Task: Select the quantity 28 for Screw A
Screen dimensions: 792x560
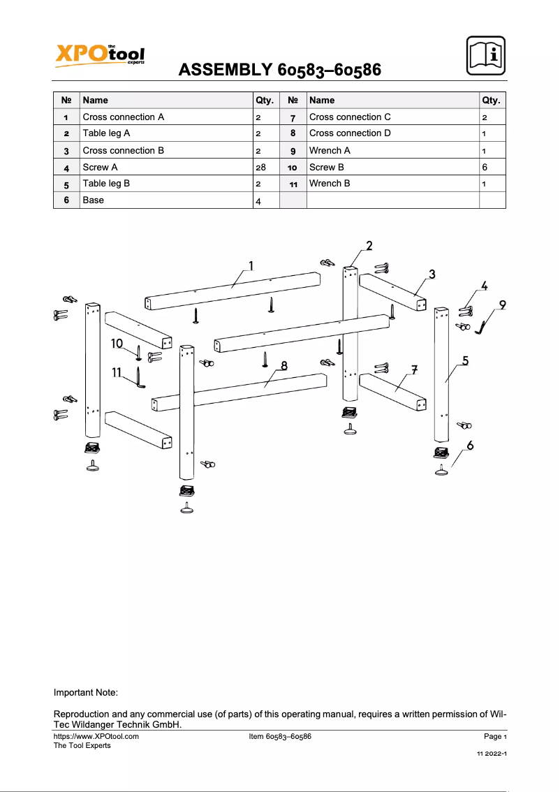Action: (x=262, y=168)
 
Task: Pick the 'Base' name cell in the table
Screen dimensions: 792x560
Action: (x=94, y=200)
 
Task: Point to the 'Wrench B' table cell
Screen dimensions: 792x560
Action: (x=330, y=184)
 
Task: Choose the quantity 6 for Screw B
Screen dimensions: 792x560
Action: (x=485, y=168)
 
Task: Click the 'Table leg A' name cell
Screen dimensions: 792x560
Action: (x=106, y=133)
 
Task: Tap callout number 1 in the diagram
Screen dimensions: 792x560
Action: (x=251, y=265)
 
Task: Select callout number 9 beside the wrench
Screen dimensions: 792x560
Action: (x=502, y=305)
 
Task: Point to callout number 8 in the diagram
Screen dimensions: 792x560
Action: (x=284, y=365)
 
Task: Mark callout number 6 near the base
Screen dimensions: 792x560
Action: (x=471, y=445)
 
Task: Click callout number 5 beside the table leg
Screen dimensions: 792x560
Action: (x=465, y=361)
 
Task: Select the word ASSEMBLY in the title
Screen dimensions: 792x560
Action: (x=226, y=70)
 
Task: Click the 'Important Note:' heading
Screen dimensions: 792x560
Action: (x=86, y=693)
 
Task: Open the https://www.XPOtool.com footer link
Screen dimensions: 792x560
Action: (x=96, y=736)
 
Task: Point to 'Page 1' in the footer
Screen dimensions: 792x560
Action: (x=494, y=736)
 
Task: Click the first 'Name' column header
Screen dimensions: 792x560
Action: (x=95, y=101)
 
